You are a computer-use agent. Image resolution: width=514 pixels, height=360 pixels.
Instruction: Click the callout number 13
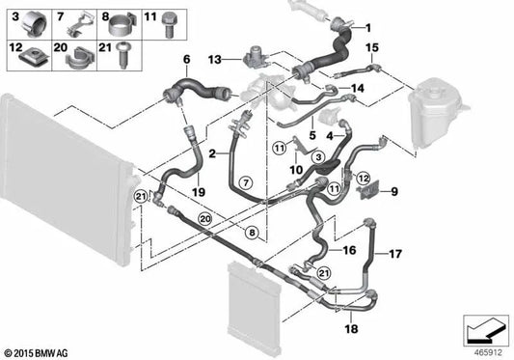click(x=215, y=60)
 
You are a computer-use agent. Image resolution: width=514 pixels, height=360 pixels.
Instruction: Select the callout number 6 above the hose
click(x=186, y=60)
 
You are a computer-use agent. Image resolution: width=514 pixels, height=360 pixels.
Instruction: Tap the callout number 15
click(x=372, y=47)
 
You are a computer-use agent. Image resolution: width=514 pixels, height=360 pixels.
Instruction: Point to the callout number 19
click(x=199, y=192)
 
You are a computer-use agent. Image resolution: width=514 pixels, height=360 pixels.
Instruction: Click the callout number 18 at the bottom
click(x=351, y=328)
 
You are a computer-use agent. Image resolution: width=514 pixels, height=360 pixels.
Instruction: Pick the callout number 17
click(x=395, y=254)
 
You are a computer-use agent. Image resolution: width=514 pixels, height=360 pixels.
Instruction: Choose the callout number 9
click(x=394, y=191)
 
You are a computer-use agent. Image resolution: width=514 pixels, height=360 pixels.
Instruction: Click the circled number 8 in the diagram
click(x=252, y=233)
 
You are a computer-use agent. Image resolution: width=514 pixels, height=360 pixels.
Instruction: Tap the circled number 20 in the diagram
click(x=205, y=218)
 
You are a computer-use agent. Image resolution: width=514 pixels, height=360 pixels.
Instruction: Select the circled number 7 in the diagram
click(x=246, y=181)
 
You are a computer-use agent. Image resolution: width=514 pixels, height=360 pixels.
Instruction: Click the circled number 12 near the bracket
click(x=363, y=179)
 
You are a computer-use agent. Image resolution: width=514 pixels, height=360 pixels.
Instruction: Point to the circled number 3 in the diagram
click(x=318, y=157)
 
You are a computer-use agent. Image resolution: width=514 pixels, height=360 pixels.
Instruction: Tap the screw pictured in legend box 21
click(x=122, y=55)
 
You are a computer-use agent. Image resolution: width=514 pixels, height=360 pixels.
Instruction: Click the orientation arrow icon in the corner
click(x=486, y=330)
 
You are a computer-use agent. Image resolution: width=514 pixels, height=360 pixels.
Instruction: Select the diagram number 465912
click(x=488, y=353)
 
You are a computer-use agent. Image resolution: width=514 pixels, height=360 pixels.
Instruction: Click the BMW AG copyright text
click(x=37, y=353)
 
